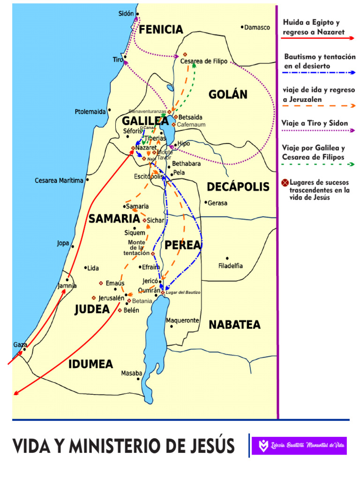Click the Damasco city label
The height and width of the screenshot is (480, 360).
[x=257, y=28]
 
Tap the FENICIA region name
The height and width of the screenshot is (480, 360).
[x=161, y=30]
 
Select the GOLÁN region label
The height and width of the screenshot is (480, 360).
[x=228, y=95]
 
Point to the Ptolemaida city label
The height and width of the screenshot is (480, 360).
[x=90, y=112]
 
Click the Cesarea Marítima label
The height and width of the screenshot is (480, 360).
[x=59, y=180]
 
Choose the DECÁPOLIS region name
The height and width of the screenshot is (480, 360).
[x=238, y=187]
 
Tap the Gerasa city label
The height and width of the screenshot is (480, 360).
[x=217, y=203]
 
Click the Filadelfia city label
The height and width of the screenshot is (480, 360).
[x=231, y=266]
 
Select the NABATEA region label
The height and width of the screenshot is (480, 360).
[x=234, y=325]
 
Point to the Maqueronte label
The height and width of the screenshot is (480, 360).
[x=182, y=321]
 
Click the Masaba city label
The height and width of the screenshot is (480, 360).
[x=131, y=373]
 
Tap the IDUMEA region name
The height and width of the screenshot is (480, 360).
[x=91, y=364]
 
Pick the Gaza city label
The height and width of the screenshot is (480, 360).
[x=20, y=345]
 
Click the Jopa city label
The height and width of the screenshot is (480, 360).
[x=63, y=243]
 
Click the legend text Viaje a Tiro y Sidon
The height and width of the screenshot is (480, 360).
[x=315, y=123]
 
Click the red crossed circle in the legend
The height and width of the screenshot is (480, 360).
[x=285, y=183]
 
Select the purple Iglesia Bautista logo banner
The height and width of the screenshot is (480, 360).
[x=299, y=445]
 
